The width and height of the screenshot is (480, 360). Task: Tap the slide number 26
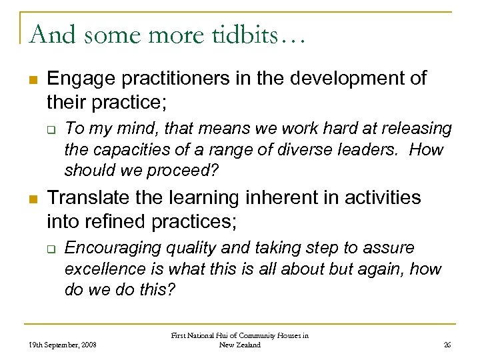(x=447, y=345)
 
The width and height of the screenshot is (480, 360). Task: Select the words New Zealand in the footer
(x=239, y=345)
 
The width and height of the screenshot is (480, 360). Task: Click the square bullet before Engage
(x=31, y=79)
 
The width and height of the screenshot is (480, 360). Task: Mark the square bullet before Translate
(x=31, y=198)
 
